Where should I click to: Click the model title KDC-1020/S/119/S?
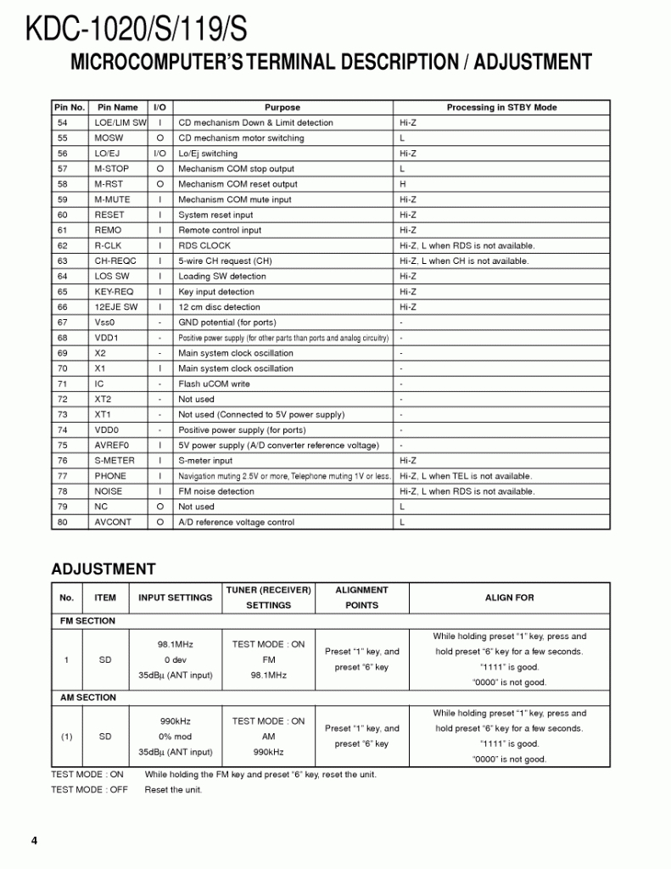(136, 30)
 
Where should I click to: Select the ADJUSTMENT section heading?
(103, 569)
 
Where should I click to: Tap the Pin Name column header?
(117, 108)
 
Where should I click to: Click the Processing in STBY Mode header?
(501, 108)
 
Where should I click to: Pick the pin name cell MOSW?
(109, 138)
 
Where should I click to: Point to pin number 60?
(62, 215)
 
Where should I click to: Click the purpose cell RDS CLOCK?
(204, 246)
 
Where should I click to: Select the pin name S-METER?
(114, 461)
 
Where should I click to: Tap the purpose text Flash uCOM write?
(214, 384)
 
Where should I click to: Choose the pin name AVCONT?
(113, 523)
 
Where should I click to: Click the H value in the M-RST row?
(403, 184)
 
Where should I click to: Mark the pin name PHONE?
(110, 476)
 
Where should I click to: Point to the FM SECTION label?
(88, 621)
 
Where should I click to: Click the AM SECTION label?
(88, 698)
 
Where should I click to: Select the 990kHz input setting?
(175, 721)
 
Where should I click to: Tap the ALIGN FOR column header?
(509, 597)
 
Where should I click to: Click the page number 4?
(35, 841)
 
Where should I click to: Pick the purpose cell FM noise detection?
(215, 491)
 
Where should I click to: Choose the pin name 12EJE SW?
(115, 307)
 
